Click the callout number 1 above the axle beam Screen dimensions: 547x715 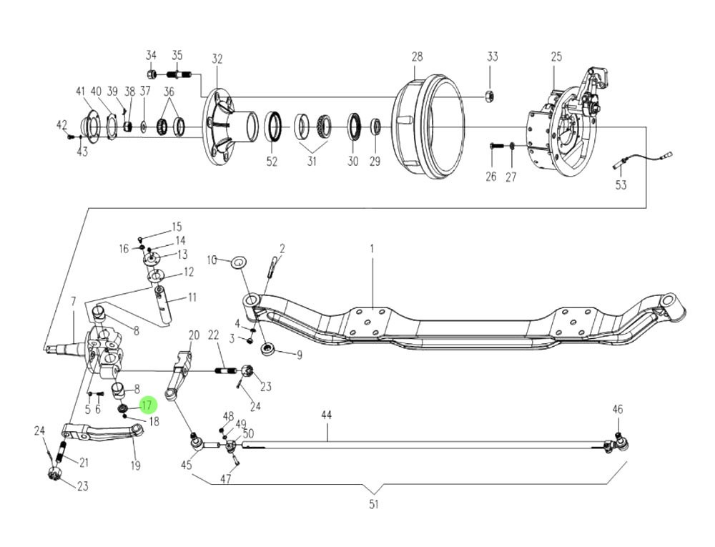[372, 248]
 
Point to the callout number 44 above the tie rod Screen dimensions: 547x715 [326, 415]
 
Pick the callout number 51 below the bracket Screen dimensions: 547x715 [373, 505]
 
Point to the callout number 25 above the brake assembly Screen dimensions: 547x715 [556, 56]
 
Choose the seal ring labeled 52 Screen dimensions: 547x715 [272, 127]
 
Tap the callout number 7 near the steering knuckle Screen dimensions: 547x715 [73, 301]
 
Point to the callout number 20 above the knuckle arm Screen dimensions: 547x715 [193, 335]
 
